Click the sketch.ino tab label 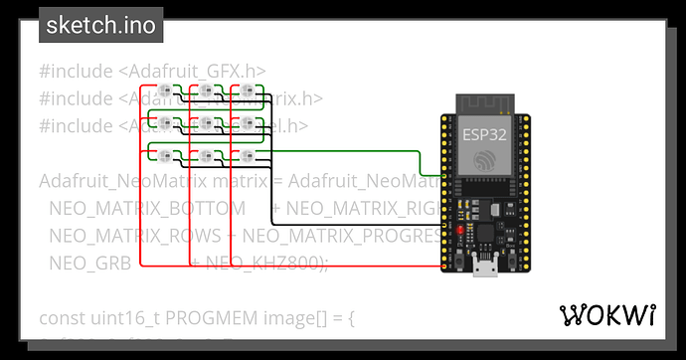(100, 26)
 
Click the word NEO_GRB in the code (84, 262)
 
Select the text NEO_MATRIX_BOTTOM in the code (147, 208)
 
